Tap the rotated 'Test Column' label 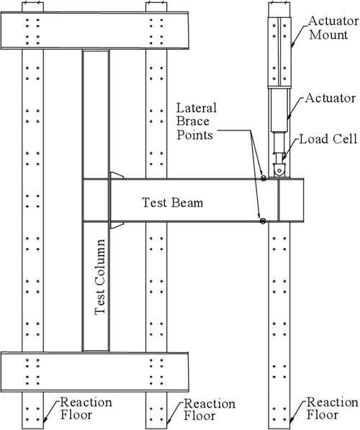point(102,277)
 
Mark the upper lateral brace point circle point(264,177)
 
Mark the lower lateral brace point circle point(264,220)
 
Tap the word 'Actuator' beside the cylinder point(328,96)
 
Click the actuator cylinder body point(280,111)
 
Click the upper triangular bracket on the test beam point(116,175)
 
